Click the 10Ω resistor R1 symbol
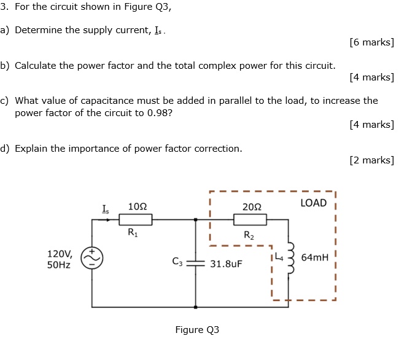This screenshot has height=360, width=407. point(135,219)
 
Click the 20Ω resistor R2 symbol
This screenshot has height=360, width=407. point(250,219)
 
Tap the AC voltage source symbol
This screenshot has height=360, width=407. point(92,259)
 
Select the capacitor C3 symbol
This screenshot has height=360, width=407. point(196,263)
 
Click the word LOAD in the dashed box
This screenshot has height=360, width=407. point(314,203)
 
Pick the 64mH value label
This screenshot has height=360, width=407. point(315,257)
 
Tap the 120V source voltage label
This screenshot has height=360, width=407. point(60,253)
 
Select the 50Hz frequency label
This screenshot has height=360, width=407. point(59,265)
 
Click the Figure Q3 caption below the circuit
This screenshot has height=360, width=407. point(196,330)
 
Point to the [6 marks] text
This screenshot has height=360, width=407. point(371,42)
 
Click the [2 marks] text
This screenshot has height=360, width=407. point(371,160)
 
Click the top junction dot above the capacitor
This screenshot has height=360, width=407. point(196,219)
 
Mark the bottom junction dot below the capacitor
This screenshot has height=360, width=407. point(196,306)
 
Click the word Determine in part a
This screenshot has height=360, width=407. point(39,30)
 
